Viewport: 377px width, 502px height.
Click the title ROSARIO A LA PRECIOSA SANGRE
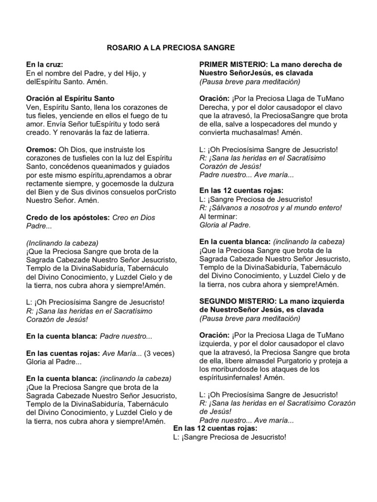(171, 48)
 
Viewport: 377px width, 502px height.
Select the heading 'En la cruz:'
(45, 65)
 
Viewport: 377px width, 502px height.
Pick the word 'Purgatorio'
(307, 361)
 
